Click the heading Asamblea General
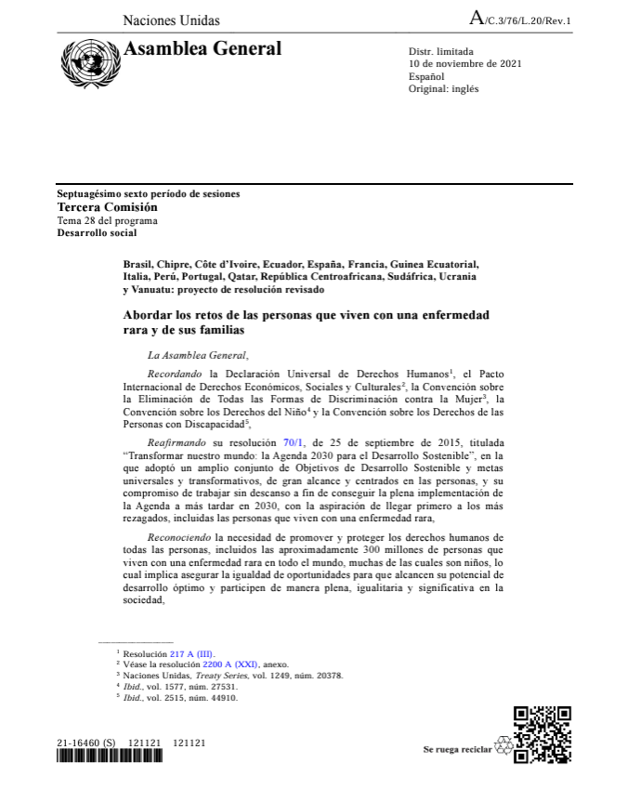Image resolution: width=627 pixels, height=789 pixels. [x=202, y=49]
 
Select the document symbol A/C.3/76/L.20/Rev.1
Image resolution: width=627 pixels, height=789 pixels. [x=521, y=20]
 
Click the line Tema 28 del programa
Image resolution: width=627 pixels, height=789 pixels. [x=107, y=220]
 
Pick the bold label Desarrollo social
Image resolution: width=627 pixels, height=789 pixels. [x=98, y=232]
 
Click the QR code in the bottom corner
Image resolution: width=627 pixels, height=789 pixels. [x=542, y=735]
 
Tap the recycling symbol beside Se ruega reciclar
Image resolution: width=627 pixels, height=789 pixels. [x=503, y=748]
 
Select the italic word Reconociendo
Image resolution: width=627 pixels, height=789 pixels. [x=178, y=537]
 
